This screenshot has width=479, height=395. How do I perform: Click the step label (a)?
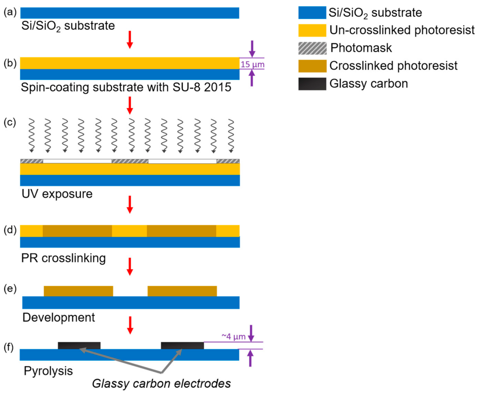coord(10,12)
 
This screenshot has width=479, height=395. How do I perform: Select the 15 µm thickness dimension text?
coord(252,65)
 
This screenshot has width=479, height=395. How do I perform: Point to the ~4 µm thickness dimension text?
coord(233,337)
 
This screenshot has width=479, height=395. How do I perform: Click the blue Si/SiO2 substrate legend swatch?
coord(312,13)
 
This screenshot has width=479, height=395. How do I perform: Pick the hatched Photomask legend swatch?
coord(312,48)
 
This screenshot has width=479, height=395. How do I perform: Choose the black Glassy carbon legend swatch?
coord(312,84)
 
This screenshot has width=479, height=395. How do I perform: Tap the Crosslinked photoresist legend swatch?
coord(312,66)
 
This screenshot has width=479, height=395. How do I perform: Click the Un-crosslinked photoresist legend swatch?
coord(312,30)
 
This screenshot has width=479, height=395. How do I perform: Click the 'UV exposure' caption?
coord(57,194)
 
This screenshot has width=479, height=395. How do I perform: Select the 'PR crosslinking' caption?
coord(63,258)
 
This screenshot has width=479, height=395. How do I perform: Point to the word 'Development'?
coord(58,317)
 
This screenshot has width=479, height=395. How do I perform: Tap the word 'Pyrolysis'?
coord(48,371)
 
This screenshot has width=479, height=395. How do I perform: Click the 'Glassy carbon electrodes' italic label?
coord(161,383)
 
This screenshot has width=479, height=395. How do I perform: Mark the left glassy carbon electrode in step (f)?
coord(79,345)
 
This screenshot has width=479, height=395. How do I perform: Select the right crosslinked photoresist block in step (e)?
coord(182,291)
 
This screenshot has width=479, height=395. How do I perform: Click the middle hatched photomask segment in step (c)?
coord(130,161)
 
